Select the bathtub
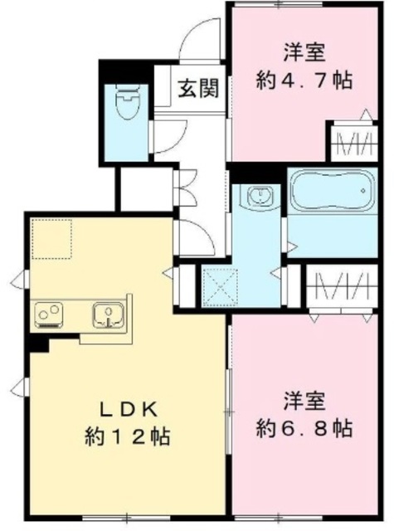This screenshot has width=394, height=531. [x=329, y=193]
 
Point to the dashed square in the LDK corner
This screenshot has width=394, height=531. [x=52, y=240]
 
